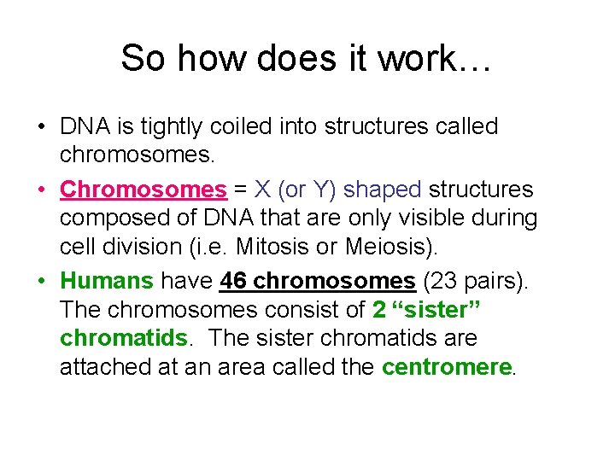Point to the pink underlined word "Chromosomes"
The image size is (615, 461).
pos(143,189)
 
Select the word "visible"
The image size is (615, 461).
pos(434,219)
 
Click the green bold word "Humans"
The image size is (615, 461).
pos(108,280)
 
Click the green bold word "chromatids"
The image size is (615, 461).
pos(123,338)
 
